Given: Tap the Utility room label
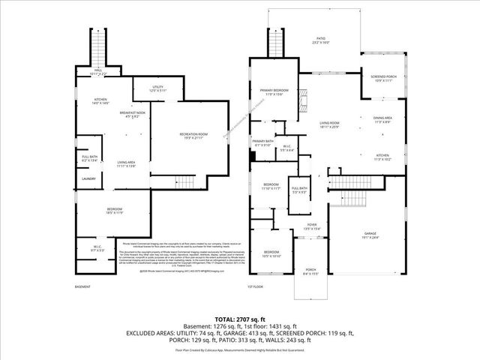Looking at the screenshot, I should (x=157, y=88).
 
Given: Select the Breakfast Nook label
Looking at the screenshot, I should (x=136, y=113).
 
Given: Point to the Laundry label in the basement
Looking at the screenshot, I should (x=88, y=179).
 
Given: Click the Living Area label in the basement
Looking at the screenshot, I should (x=125, y=164).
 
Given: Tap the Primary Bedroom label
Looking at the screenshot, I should (x=274, y=91).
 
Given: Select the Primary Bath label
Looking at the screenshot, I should (x=263, y=142).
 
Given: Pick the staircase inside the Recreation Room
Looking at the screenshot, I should (x=182, y=181).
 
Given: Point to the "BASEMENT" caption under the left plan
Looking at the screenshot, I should (x=82, y=286).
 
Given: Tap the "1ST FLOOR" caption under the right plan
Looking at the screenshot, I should (x=256, y=286).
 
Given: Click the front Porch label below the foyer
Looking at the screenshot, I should (x=310, y=271).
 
